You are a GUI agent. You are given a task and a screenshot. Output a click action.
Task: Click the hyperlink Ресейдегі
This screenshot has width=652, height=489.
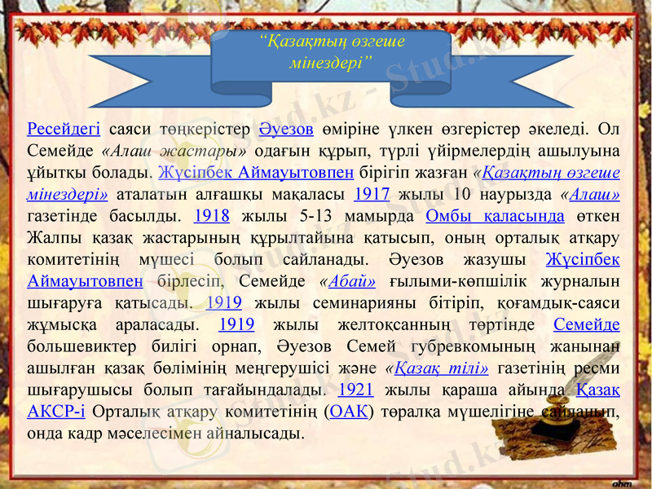coord(64,129)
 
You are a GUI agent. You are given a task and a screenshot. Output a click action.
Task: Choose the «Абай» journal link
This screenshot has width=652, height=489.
coord(347,282)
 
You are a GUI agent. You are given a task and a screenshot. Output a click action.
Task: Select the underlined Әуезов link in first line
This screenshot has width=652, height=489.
coord(286,129)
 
